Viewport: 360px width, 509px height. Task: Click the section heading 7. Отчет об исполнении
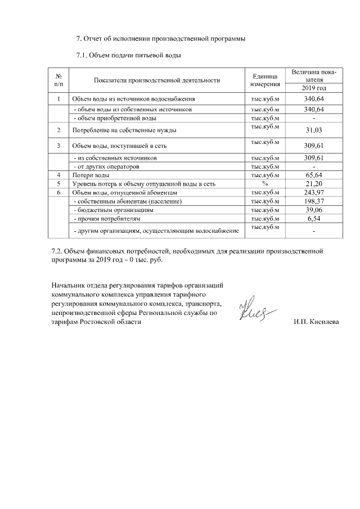[x=160, y=39]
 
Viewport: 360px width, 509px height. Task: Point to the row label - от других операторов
[x=111, y=167]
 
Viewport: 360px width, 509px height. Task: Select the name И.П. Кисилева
[x=317, y=322]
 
